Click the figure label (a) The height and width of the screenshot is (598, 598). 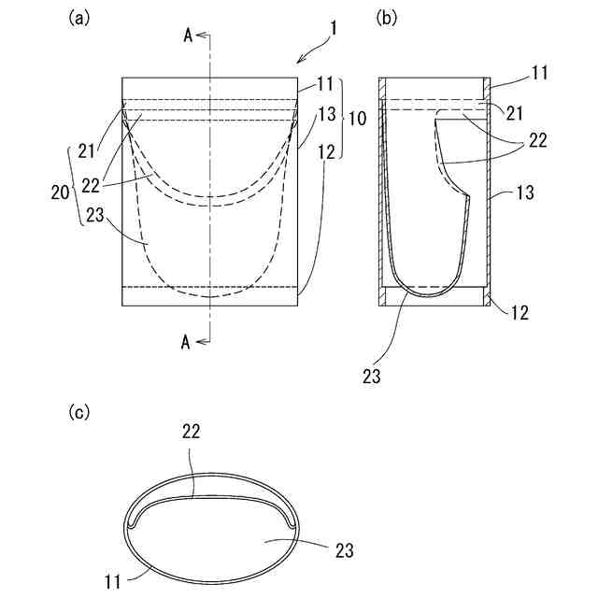[79, 18]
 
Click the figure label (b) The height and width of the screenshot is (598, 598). [388, 18]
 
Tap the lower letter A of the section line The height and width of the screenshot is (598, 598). [187, 343]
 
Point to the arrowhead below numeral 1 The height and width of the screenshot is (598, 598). [298, 62]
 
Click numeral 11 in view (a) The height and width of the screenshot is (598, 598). [324, 84]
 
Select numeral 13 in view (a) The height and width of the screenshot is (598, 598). [326, 115]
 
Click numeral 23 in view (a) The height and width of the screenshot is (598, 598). [96, 214]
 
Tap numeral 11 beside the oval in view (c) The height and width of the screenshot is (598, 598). [112, 582]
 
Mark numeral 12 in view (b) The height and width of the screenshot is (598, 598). [520, 312]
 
